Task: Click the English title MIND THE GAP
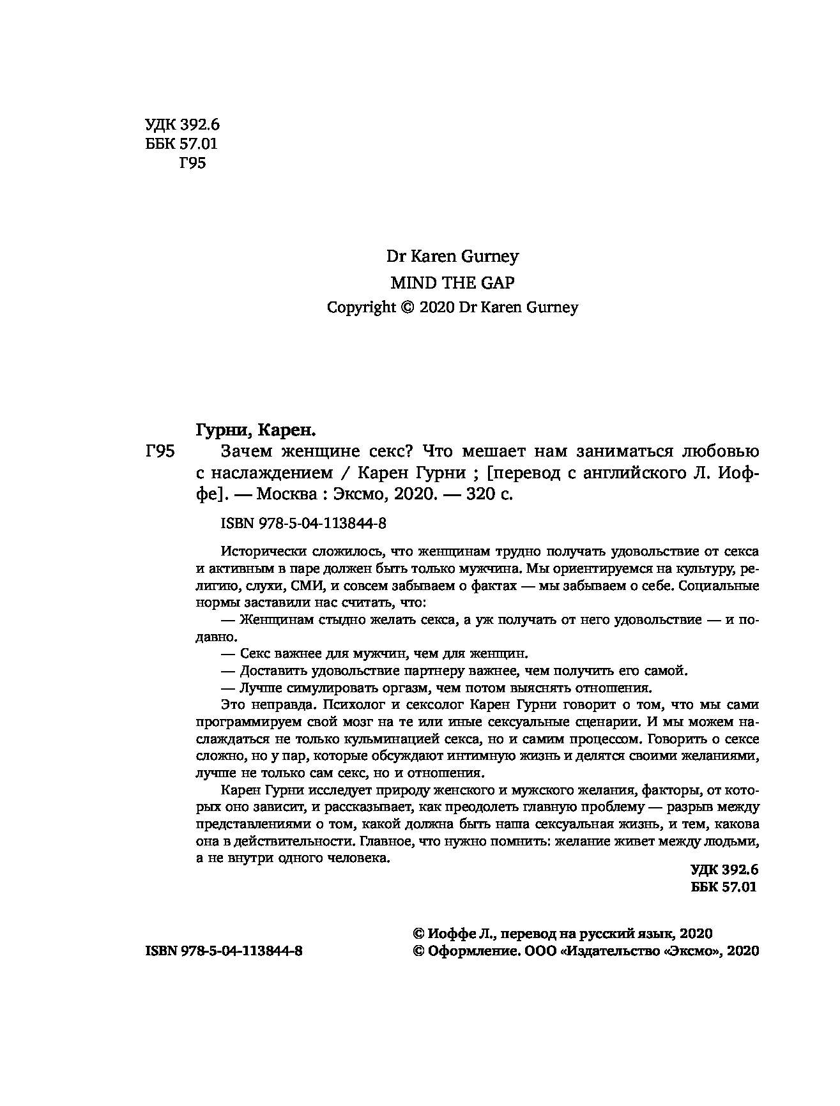point(452,282)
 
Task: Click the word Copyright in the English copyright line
point(362,307)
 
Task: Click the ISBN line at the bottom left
point(224,951)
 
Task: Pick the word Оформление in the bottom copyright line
point(468,951)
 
